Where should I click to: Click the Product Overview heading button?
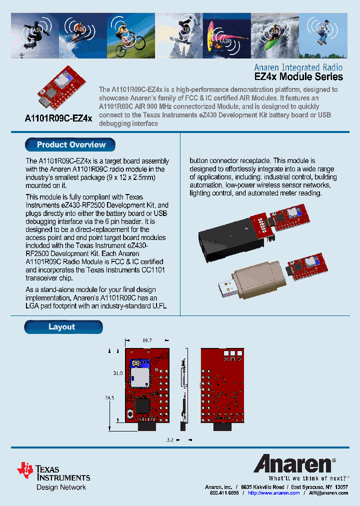(x=70, y=145)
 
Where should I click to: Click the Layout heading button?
(x=62, y=327)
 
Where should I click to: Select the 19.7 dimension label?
(x=147, y=340)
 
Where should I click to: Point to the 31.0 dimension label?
(x=117, y=373)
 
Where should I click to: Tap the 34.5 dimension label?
(x=108, y=398)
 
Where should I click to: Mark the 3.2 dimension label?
(x=170, y=440)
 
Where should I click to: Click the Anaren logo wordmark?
(x=292, y=464)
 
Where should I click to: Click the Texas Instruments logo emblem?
(x=25, y=469)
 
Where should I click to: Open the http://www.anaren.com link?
(x=274, y=493)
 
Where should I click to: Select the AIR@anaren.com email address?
(x=328, y=493)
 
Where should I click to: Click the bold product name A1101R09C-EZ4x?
(x=58, y=118)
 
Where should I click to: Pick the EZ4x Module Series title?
(x=299, y=77)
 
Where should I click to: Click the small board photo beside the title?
(x=60, y=89)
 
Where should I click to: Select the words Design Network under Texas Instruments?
(x=61, y=487)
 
